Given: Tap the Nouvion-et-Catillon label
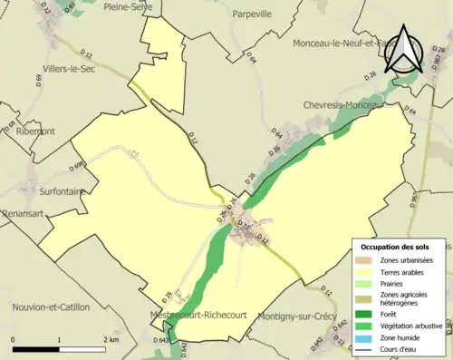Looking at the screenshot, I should coord(52,307).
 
